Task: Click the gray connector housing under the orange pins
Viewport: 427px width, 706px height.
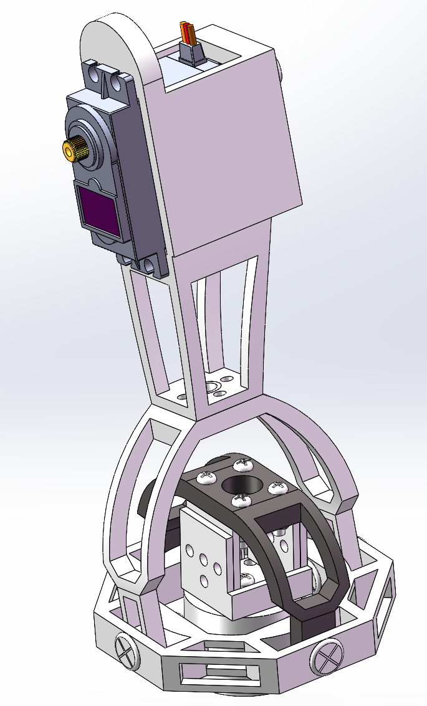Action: pyautogui.click(x=193, y=54)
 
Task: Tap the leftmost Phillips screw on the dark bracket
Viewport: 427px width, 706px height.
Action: pyautogui.click(x=206, y=477)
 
